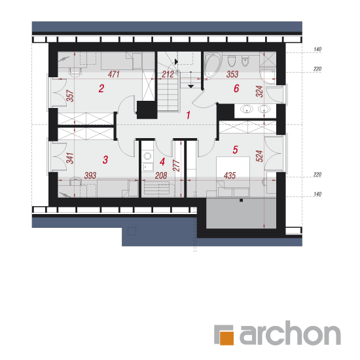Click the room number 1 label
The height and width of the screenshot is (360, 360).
point(189,115)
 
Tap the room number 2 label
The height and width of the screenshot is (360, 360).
point(101,88)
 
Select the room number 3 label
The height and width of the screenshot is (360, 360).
point(105,160)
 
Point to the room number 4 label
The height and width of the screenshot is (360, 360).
point(162,162)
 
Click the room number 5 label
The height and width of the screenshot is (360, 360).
point(236,150)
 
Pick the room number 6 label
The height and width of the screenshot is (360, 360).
point(236,88)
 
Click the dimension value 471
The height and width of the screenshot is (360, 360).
point(114,74)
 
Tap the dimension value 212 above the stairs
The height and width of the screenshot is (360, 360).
point(168,74)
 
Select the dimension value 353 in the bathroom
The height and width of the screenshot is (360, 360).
point(232,74)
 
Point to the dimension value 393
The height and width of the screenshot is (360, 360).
point(90,175)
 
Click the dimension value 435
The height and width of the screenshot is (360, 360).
point(230,175)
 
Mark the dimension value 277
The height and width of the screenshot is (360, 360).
point(176,166)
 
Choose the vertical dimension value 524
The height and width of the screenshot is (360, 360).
point(259,156)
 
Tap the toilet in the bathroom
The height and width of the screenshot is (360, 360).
point(232,61)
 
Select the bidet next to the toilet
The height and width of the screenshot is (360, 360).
point(245,61)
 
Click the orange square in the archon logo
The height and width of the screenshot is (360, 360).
point(226,338)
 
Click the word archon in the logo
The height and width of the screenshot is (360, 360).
point(290,333)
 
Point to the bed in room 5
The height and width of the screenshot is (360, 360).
point(233,177)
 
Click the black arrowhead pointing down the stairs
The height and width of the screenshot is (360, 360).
point(190,86)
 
